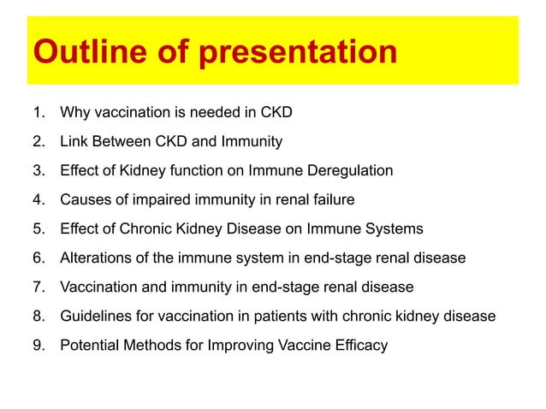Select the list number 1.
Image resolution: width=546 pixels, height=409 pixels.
pos(38,111)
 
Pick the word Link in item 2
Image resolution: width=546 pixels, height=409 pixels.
pos(74,140)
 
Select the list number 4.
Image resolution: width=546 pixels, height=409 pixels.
pos(38,199)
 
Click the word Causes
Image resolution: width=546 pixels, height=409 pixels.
pos(84,199)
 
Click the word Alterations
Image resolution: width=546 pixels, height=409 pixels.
pos(94,258)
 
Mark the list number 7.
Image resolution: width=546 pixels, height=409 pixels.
pos(38,287)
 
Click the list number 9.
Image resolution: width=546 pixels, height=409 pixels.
pos(38,345)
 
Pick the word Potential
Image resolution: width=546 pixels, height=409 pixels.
pos(88,345)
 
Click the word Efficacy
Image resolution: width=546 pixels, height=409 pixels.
pos(362,345)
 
